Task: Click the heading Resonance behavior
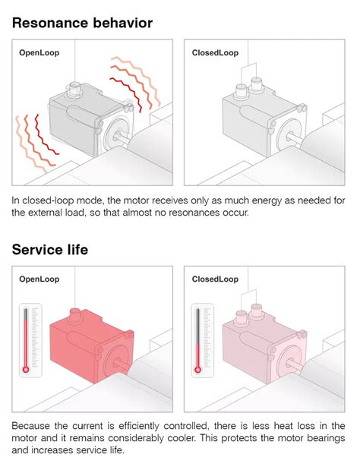82,23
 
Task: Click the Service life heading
50,249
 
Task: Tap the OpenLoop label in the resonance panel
39,53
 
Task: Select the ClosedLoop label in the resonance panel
215,53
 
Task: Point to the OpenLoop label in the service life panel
39,279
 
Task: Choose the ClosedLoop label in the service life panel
215,279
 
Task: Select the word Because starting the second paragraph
34,425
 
